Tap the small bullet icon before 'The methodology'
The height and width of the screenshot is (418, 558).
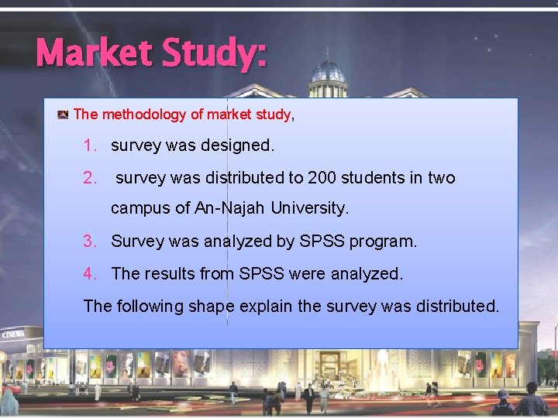point(63,115)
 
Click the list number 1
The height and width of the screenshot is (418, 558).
point(90,145)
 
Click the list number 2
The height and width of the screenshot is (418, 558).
point(90,178)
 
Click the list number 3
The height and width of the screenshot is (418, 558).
point(90,242)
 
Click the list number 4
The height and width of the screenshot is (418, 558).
point(90,273)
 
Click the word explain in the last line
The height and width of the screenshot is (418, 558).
point(266,307)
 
